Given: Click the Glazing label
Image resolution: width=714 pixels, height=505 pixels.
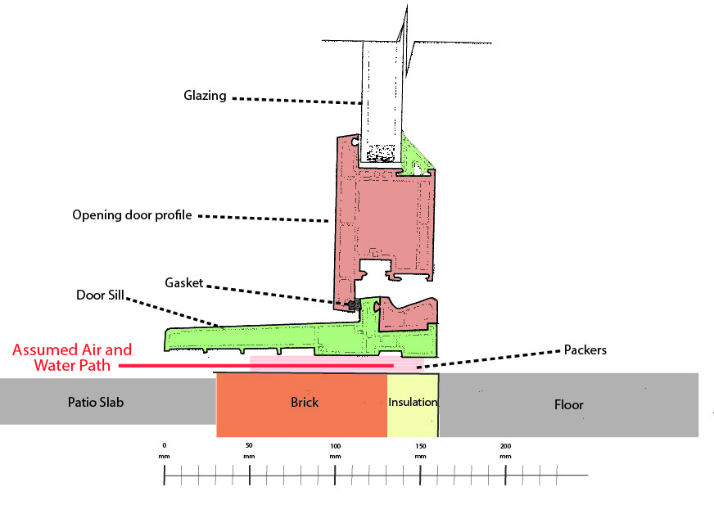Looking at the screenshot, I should pos(203,96).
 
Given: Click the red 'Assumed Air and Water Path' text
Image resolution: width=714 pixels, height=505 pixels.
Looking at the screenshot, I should pos(72,358).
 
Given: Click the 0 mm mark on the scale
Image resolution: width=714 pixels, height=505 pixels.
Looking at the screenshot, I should pos(165,449).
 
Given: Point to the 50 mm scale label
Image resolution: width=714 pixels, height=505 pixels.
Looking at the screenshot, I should pos(249,449).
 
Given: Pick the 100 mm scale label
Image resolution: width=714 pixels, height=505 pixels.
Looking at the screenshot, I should pos(335,449).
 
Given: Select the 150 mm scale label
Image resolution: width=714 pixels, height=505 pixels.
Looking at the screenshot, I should pos(420,449).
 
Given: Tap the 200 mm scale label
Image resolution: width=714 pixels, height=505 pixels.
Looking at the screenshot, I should pos(505,449).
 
